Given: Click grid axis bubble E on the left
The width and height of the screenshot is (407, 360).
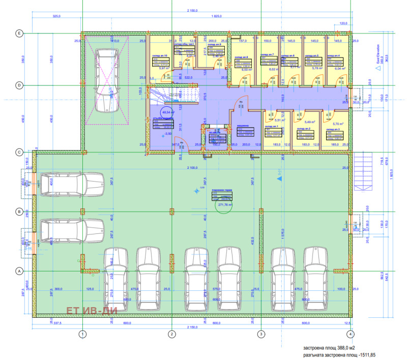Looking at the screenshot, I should click(19, 33).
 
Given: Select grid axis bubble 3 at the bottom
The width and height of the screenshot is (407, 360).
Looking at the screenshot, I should click(261, 334).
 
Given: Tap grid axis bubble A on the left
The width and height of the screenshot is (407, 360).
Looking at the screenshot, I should click(19, 271).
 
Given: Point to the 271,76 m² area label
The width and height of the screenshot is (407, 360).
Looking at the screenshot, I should click(224, 205).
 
